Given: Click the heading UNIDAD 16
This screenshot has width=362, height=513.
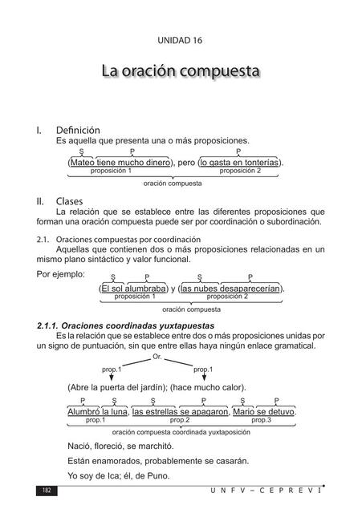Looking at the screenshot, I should (x=181, y=42).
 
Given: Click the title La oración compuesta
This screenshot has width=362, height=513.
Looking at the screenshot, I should (x=181, y=71).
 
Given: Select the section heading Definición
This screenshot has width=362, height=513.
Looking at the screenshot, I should (x=78, y=129).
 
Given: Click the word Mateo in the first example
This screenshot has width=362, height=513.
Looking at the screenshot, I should (x=83, y=162).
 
